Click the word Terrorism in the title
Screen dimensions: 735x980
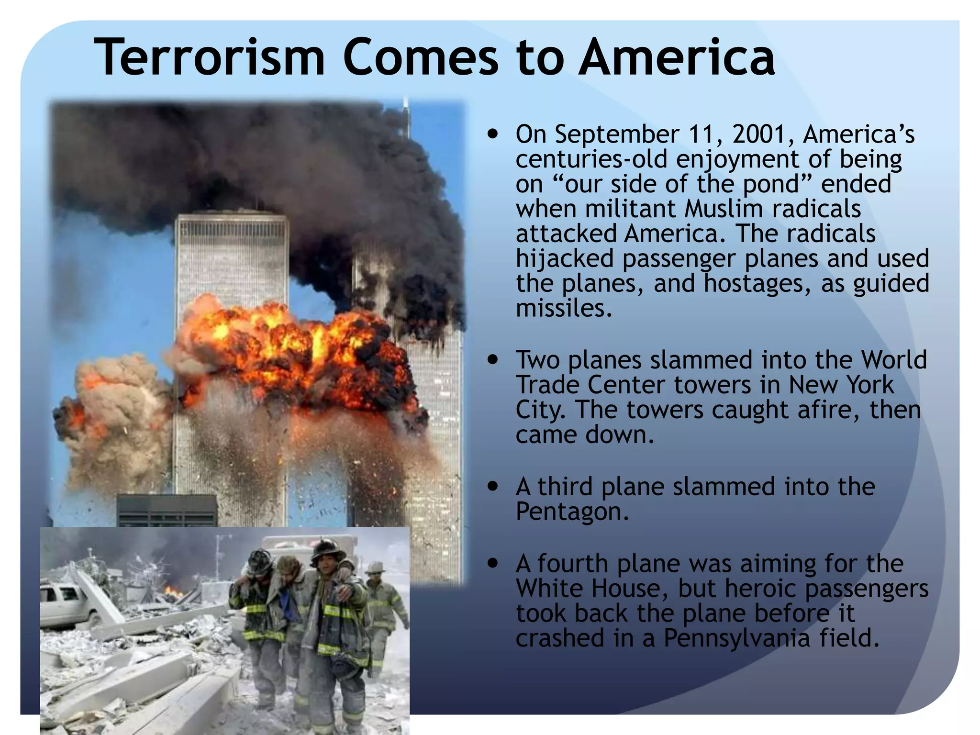(209, 58)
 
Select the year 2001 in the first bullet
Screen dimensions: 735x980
(761, 134)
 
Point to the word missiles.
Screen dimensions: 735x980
(563, 309)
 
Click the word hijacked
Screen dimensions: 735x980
(564, 259)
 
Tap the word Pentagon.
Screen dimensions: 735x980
(571, 512)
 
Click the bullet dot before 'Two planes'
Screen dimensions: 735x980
(493, 360)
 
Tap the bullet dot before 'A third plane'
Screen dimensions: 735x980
(493, 487)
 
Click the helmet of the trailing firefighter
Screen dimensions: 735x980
(375, 568)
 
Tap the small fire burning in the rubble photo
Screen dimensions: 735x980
(174, 593)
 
